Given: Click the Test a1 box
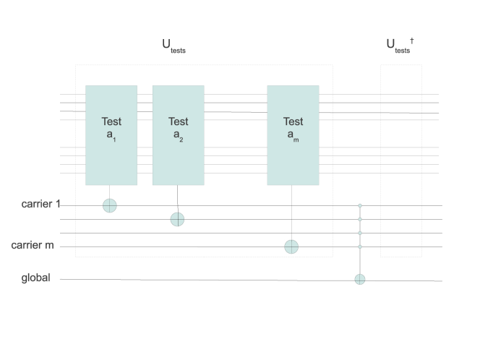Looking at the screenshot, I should tap(111, 135).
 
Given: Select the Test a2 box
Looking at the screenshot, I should tap(178, 135).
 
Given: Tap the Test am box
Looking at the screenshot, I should tap(293, 135).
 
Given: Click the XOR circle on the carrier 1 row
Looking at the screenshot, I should tap(109, 206).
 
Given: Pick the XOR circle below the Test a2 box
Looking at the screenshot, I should tap(177, 219).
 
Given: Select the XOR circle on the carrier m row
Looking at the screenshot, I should tap(291, 247).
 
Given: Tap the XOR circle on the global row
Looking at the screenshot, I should tap(360, 279).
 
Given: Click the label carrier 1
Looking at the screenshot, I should tap(40, 205).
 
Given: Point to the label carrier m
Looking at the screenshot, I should tap(33, 246).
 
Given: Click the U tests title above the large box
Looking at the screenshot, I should tap(173, 46).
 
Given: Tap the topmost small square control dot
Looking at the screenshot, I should tap(360, 206).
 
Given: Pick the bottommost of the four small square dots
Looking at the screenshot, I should tap(360, 247).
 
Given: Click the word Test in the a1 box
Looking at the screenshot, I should tap(111, 121).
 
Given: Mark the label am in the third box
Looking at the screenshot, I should tap(293, 136).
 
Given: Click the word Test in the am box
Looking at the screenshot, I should tap(293, 121).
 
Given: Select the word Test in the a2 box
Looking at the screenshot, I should tap(178, 121).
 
